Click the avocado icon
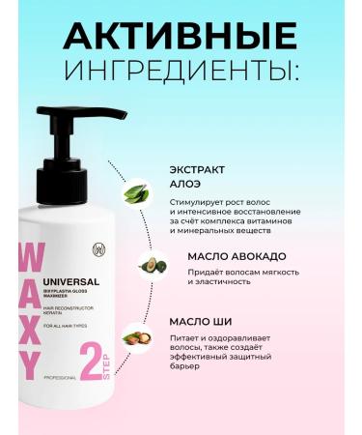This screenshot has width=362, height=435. tap(150, 264)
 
